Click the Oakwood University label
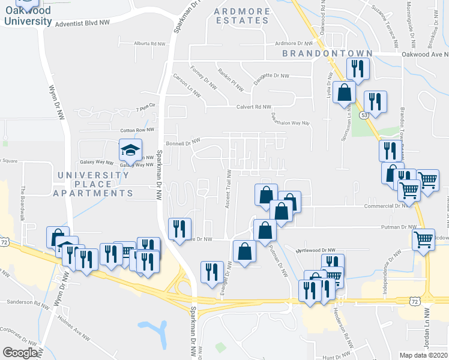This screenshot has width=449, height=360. pos(28,16)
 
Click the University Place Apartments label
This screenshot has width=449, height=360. pos(93,184)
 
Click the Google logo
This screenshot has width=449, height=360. pos(20,353)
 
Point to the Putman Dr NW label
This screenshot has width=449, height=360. pos(399,227)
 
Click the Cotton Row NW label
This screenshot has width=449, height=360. pos(137,130)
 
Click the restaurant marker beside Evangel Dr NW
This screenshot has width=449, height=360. pos(212,272)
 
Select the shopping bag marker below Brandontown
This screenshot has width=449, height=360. pos(345,93)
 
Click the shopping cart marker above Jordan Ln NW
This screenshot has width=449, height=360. pos(424,239)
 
